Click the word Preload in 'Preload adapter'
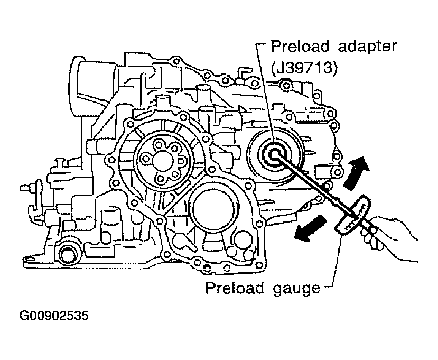click(300, 47)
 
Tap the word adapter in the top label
click(367, 47)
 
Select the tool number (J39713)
click(304, 68)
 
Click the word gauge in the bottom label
click(296, 288)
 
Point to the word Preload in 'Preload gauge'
click(235, 288)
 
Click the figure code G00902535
click(54, 316)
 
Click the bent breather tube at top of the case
click(241, 73)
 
